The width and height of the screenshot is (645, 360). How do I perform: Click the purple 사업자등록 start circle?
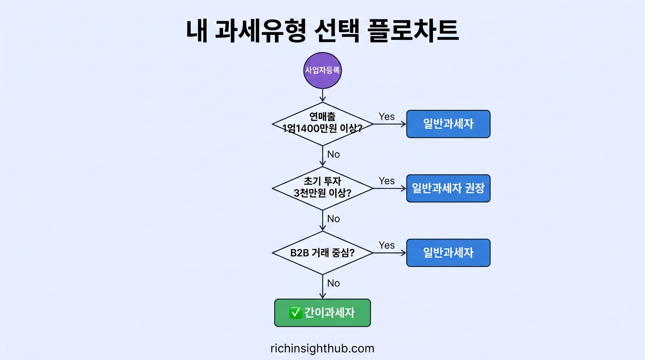[322, 71]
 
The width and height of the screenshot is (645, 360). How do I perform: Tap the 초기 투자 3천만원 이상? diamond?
[322, 188]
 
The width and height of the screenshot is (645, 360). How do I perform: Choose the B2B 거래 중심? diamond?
[322, 253]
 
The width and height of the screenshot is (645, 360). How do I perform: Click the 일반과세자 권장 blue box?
[448, 188]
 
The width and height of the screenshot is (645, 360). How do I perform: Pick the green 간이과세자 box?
[322, 313]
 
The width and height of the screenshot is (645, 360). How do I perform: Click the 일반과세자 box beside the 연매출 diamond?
[448, 124]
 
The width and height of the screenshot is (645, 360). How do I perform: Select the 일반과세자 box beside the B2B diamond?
[448, 253]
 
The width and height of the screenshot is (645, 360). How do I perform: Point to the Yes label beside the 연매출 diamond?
[387, 117]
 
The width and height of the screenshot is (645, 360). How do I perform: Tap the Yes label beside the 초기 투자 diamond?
[387, 181]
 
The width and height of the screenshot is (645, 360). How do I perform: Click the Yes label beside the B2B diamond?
[387, 245]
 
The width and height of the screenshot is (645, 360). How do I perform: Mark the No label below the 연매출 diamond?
[333, 154]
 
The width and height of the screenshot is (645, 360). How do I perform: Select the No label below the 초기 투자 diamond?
[333, 219]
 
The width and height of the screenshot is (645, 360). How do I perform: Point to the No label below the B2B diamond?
[333, 283]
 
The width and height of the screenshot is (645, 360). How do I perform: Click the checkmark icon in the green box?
[295, 313]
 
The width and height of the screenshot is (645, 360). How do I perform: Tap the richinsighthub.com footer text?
[322, 348]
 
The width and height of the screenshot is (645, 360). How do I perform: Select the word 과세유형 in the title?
[261, 31]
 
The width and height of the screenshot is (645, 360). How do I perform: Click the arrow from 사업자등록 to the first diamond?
[322, 95]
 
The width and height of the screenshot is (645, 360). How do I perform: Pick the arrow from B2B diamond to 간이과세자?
[322, 287]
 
